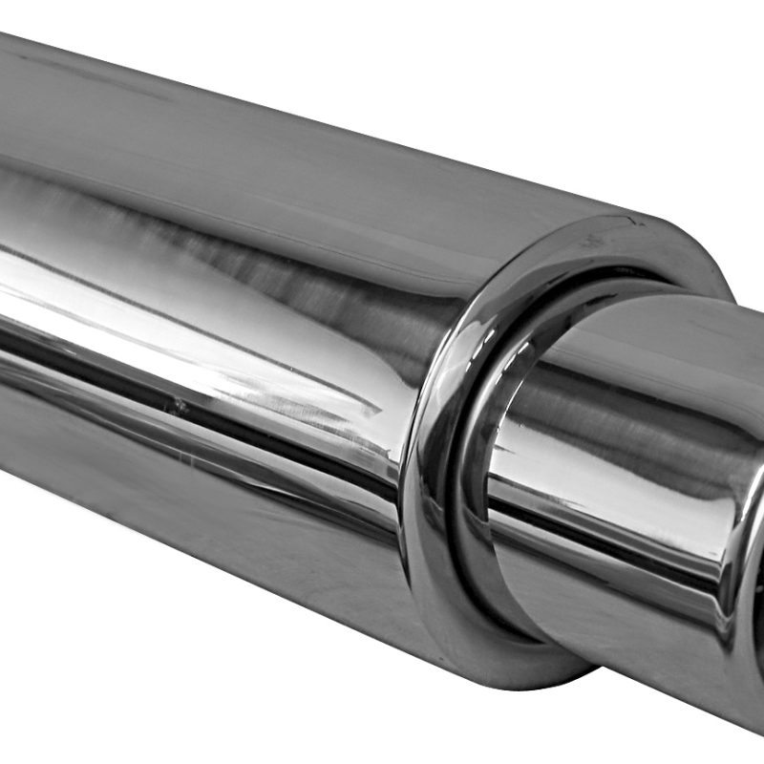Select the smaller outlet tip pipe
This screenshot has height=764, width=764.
click(630, 477)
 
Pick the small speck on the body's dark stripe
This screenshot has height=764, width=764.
click(178, 406)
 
